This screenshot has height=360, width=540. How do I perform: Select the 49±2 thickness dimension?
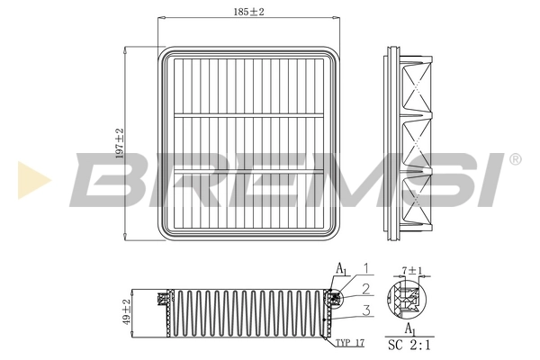(127, 314)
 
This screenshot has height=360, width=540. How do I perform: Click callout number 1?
(365, 266)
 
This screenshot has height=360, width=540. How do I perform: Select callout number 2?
(365, 288)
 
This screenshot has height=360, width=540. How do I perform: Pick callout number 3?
(365, 310)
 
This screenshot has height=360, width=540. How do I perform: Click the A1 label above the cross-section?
(342, 269)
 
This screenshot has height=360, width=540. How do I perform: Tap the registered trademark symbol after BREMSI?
(514, 159)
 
